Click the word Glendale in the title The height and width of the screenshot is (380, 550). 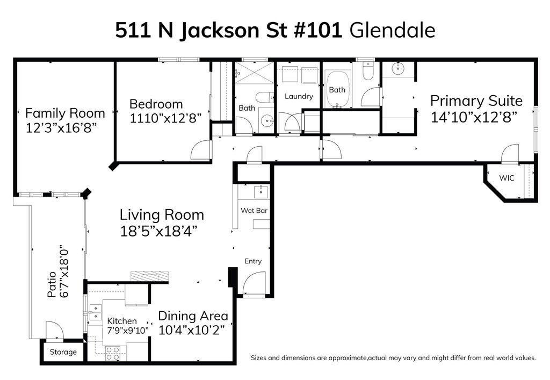coord(392,31)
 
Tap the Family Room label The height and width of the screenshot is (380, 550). coord(65,113)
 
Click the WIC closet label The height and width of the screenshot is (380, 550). coord(506,178)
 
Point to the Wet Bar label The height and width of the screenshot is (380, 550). coord(254,211)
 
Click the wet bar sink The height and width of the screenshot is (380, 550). coord(260,191)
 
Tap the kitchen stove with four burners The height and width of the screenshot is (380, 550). coord(113,353)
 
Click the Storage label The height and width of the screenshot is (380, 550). coord(63,353)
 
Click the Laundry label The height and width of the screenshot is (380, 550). coord(299,97)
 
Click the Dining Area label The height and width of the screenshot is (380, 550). coord(193,316)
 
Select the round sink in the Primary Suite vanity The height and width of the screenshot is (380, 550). coord(399,68)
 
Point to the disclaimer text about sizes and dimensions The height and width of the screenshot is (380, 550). coord(393,357)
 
